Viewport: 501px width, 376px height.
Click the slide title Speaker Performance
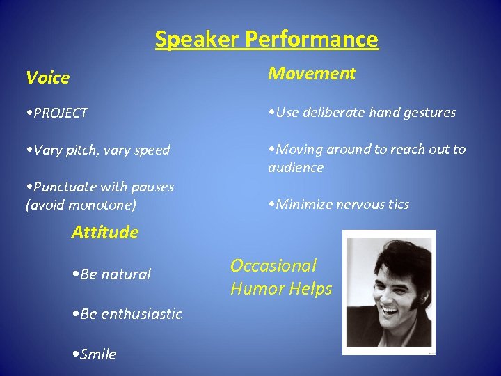[267, 39]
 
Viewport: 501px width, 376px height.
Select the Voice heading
[47, 77]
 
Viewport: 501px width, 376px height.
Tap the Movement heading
[312, 73]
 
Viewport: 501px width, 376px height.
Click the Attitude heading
[104, 232]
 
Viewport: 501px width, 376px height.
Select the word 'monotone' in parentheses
[104, 205]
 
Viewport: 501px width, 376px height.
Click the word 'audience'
[296, 167]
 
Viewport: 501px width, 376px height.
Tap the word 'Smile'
[98, 354]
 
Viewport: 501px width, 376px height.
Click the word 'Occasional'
[273, 265]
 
